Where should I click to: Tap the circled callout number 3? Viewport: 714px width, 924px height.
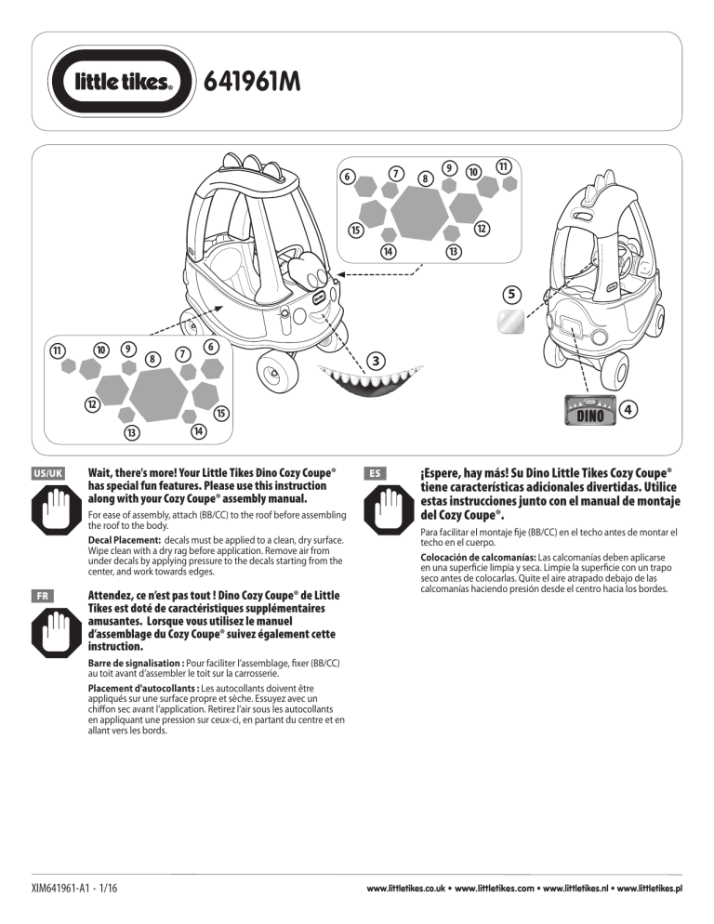(x=376, y=360)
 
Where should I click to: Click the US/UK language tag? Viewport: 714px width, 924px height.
(x=47, y=473)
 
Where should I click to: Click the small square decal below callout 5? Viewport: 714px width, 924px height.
(x=509, y=322)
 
